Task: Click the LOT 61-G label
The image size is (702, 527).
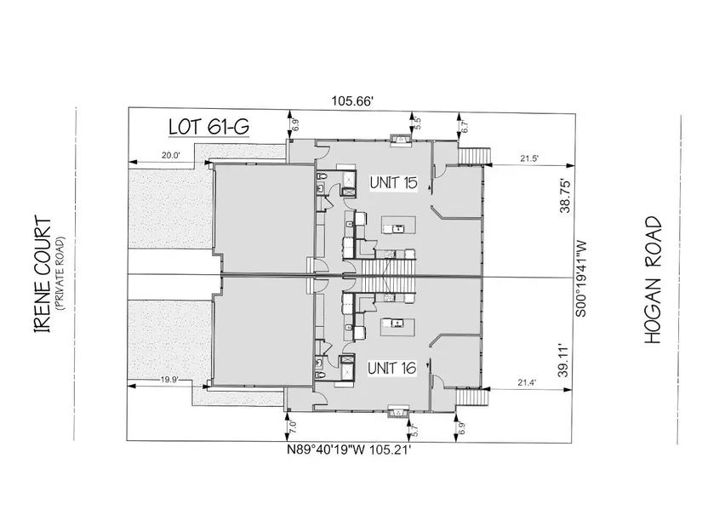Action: [208, 127]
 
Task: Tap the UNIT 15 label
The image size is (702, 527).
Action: [393, 183]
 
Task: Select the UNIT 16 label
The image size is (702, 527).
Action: [391, 369]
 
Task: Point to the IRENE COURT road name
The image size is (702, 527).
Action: [43, 275]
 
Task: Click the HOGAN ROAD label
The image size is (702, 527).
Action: [653, 280]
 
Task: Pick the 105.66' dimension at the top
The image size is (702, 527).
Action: [352, 101]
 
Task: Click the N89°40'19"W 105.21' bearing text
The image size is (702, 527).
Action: [349, 450]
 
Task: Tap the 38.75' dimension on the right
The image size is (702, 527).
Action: [566, 197]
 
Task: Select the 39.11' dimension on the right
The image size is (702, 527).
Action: [564, 361]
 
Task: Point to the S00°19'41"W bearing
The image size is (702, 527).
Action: [580, 279]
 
